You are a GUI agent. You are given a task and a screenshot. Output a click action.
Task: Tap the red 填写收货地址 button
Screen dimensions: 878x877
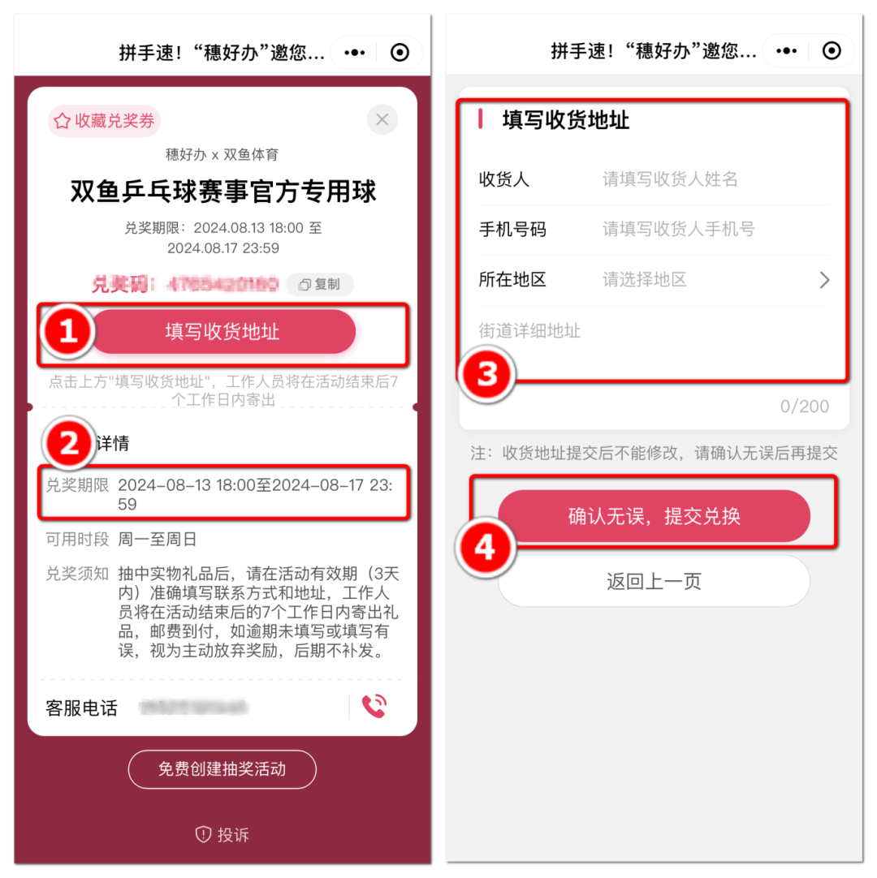222,331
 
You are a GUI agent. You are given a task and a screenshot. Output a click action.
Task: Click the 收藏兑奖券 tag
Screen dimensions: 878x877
104,121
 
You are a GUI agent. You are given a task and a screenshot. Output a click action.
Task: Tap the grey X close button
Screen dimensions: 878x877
382,120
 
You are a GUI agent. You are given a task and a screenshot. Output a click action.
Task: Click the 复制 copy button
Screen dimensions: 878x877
320,284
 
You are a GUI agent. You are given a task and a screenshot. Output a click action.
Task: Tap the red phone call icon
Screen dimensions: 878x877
374,707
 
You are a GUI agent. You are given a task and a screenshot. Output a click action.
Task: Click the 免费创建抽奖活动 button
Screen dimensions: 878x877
222,768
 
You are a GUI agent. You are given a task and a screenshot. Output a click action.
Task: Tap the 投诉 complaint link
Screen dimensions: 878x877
222,834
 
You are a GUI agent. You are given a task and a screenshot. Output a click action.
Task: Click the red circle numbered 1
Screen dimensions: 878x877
68,331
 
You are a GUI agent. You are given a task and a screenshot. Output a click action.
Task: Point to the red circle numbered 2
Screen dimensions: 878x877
69,443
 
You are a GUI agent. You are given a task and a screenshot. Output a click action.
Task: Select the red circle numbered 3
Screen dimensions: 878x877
486,374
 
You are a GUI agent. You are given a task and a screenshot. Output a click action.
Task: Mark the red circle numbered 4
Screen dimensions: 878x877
484,548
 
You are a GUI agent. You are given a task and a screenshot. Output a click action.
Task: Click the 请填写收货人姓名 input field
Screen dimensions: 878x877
670,179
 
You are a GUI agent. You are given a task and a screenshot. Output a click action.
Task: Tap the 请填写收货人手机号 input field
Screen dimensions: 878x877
678,230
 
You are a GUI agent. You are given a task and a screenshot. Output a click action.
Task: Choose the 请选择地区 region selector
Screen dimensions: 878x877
645,280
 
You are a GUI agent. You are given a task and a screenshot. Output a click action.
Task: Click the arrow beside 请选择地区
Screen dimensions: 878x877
824,280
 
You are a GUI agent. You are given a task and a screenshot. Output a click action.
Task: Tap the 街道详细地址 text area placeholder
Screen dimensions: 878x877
529,330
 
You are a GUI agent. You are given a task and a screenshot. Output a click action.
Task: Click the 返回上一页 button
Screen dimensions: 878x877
654,581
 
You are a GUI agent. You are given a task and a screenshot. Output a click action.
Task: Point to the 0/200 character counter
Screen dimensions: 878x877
804,406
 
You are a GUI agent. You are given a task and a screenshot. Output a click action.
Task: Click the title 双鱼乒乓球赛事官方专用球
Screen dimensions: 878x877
222,192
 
